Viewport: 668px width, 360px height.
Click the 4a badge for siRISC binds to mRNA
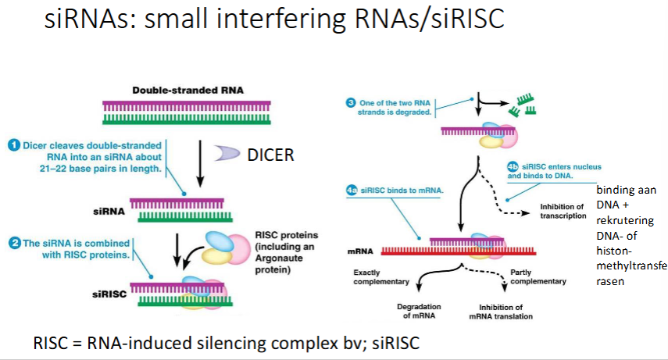(352, 191)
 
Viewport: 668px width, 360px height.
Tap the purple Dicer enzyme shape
(227, 155)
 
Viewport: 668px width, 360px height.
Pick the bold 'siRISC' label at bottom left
(106, 294)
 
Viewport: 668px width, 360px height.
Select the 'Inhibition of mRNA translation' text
(501, 310)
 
